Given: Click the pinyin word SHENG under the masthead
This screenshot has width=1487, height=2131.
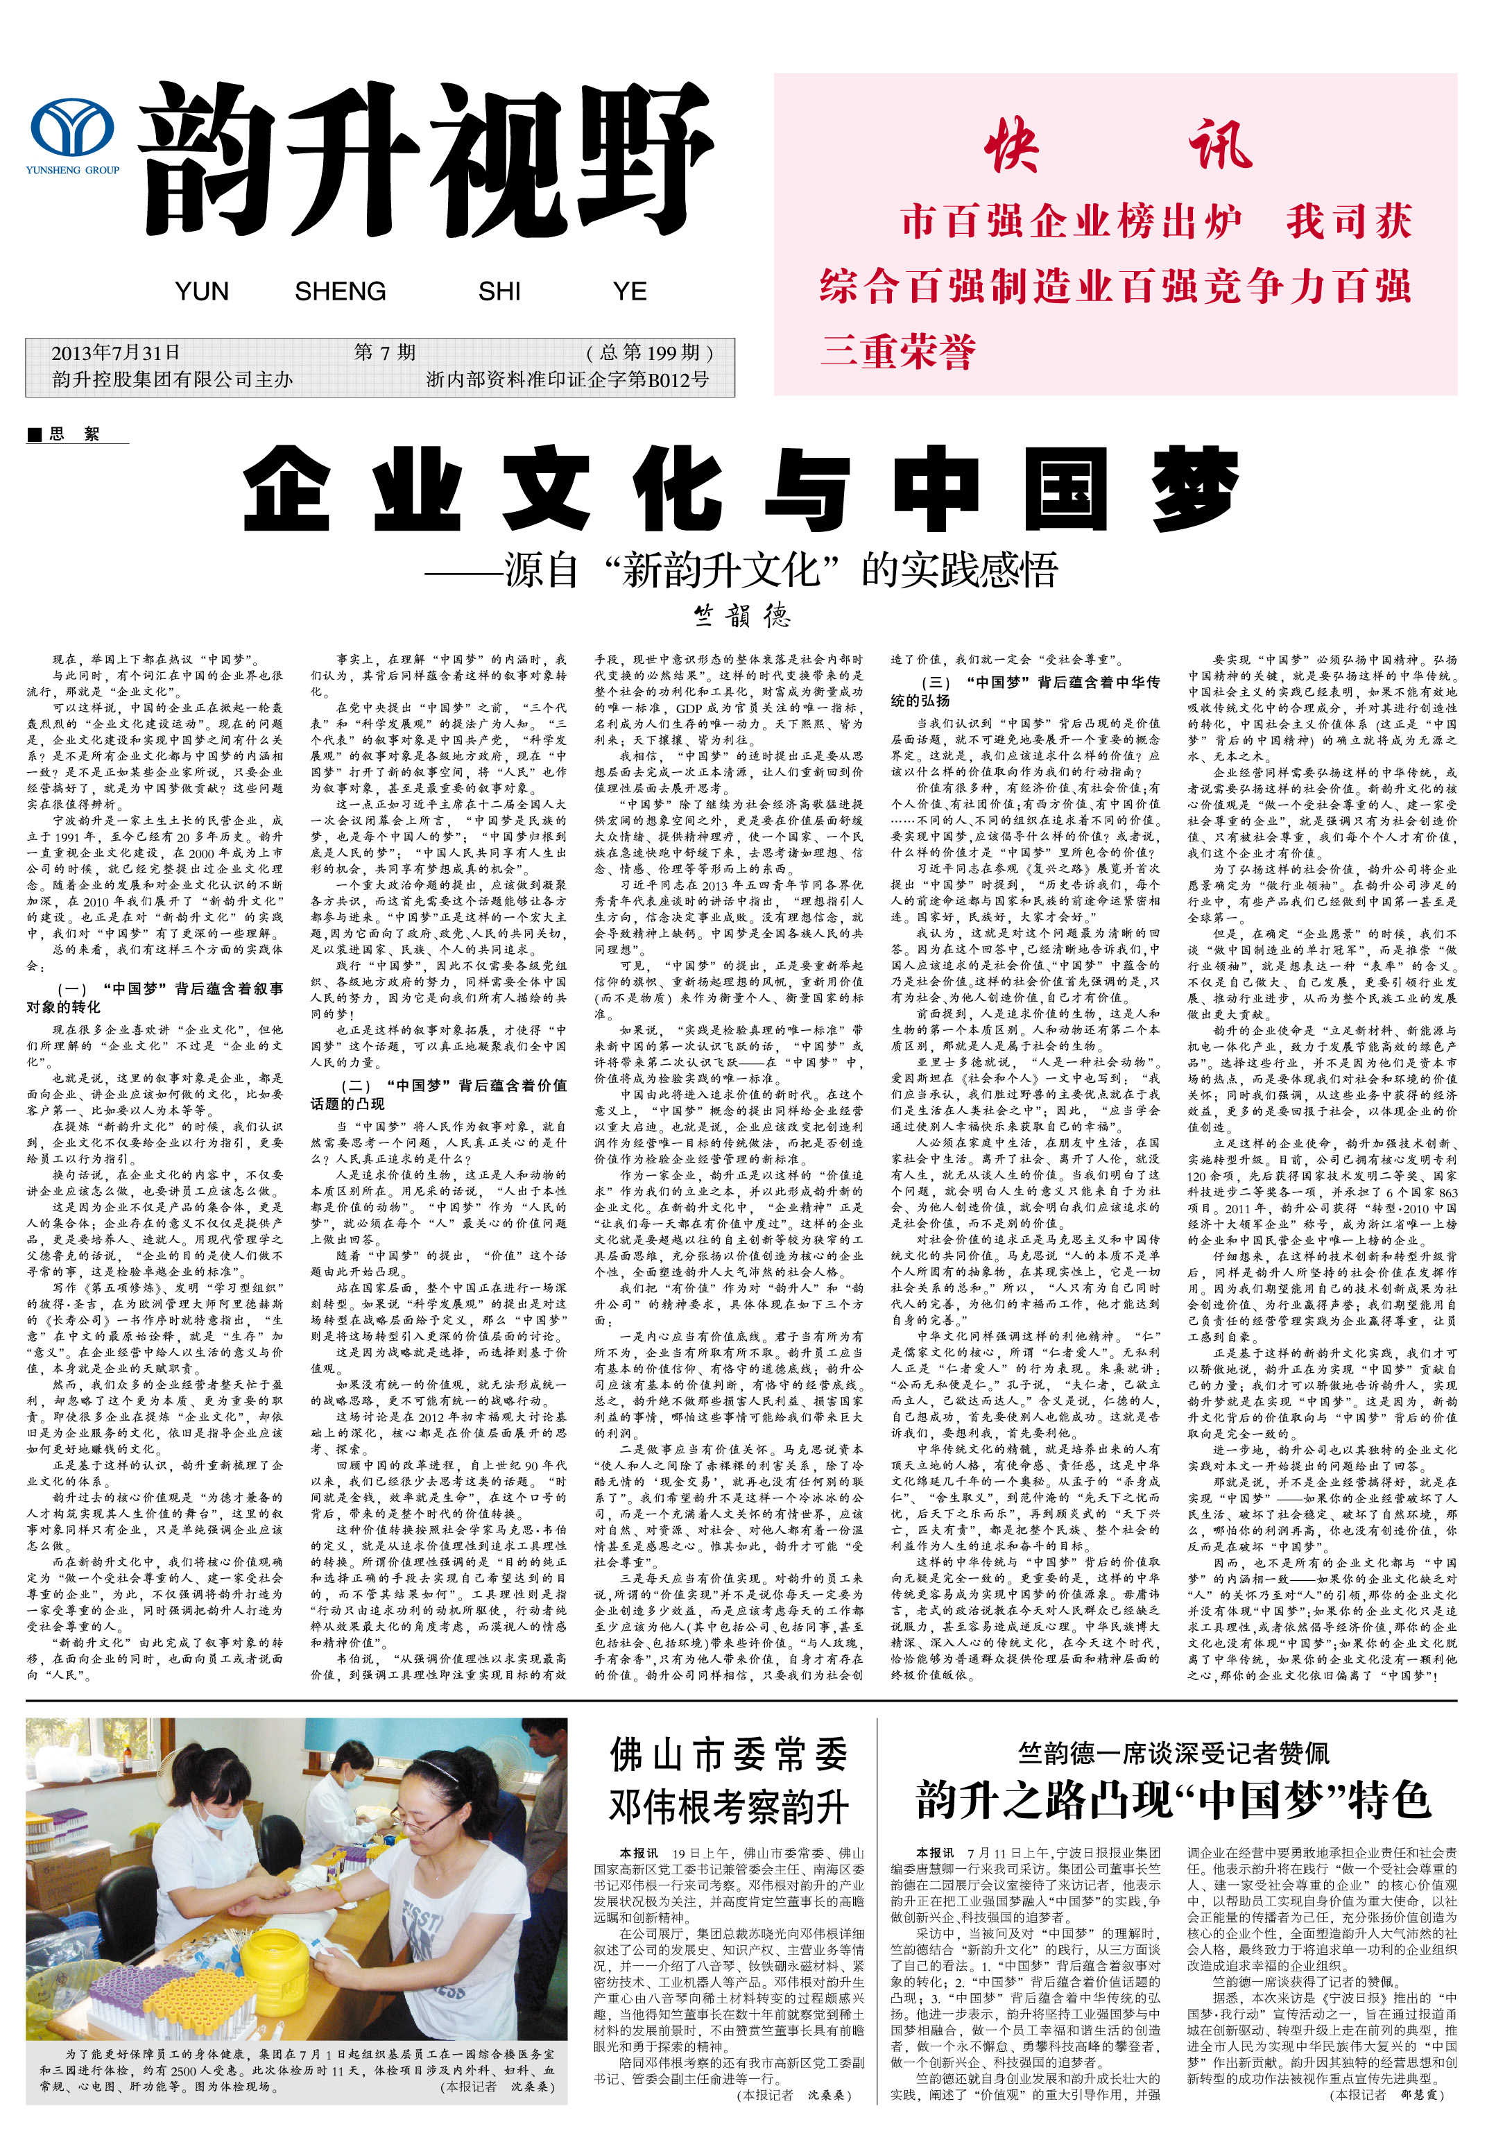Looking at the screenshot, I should click(340, 291).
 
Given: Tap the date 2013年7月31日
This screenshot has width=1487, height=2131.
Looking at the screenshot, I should click(115, 352).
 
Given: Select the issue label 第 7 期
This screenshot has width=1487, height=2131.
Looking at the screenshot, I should click(384, 352).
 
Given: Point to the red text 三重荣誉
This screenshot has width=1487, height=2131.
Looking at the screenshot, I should click(897, 352).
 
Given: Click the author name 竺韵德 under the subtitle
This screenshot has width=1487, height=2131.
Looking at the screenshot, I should click(741, 615).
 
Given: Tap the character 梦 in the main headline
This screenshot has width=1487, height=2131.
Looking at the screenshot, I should click(1196, 488).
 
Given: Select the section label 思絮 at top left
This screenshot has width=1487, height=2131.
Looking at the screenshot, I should click(74, 434).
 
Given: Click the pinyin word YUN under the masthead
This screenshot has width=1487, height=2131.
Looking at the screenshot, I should click(201, 291).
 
